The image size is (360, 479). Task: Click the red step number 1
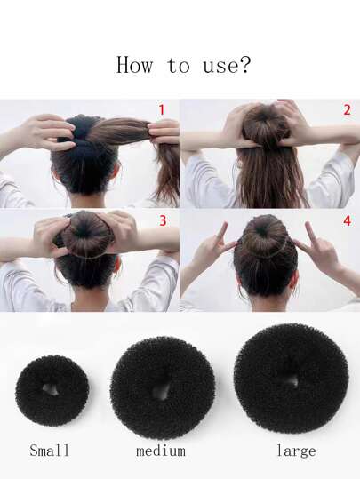(x=162, y=110)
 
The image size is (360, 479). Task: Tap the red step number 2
(x=347, y=110)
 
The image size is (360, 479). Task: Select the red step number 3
(x=163, y=220)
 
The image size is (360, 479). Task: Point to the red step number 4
(x=348, y=220)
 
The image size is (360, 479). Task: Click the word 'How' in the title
(x=134, y=65)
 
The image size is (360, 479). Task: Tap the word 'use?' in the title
(x=227, y=65)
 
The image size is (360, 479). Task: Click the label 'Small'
(x=50, y=451)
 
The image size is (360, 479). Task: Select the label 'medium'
(x=161, y=451)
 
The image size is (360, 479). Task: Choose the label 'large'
(x=296, y=451)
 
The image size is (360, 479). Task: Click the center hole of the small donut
(x=51, y=389)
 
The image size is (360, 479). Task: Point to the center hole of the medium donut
(x=163, y=391)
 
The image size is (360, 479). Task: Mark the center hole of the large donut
(x=292, y=381)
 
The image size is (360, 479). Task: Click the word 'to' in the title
(x=179, y=65)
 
